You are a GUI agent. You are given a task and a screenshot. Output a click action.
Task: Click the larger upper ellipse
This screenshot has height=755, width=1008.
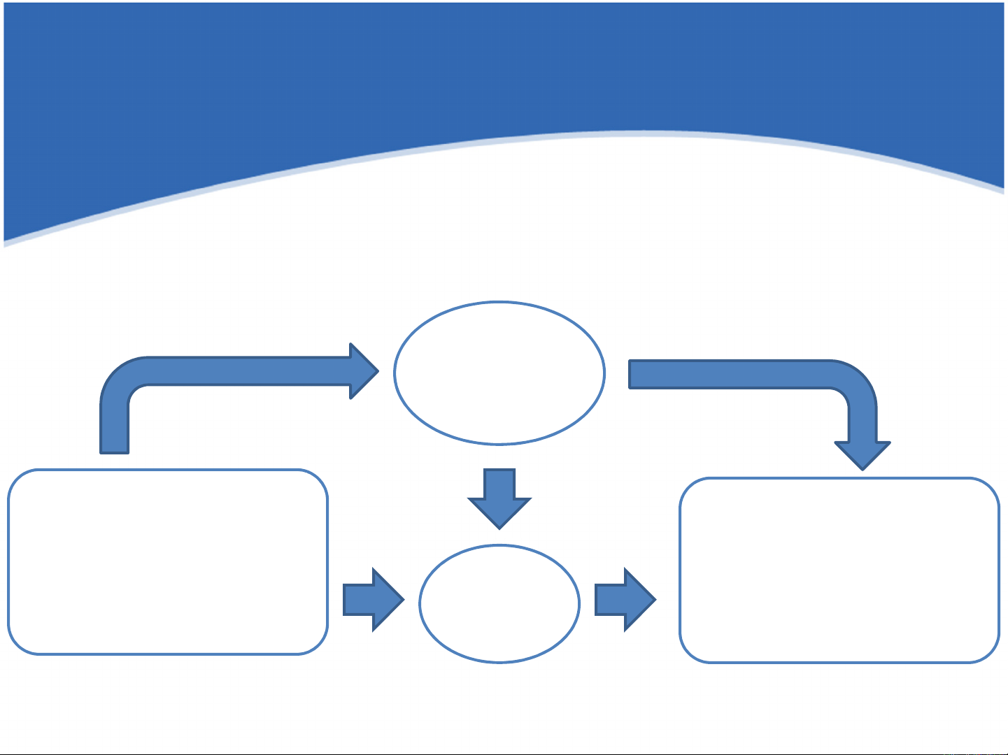[499, 373]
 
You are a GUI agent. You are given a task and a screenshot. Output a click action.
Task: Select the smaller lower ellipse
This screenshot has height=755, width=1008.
[499, 603]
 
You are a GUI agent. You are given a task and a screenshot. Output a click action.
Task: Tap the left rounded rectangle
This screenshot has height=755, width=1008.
[168, 562]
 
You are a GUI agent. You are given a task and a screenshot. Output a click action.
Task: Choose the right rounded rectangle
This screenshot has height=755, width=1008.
[839, 570]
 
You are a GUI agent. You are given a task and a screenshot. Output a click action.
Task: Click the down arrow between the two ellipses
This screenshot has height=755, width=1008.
[499, 496]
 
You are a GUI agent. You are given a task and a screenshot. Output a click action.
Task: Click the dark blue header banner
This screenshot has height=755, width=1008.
[504, 70]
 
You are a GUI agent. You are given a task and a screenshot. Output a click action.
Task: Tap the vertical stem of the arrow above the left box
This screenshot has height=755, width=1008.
[115, 426]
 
